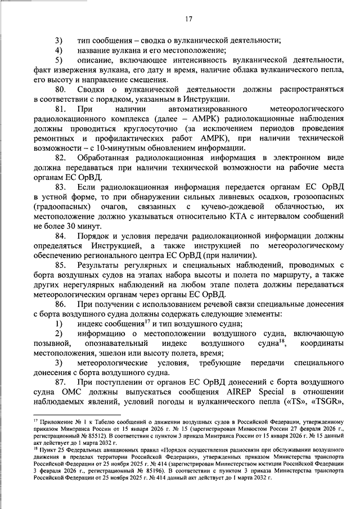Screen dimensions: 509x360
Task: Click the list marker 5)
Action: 59,60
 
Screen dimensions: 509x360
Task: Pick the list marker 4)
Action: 59,50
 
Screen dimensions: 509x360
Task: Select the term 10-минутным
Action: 111,148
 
